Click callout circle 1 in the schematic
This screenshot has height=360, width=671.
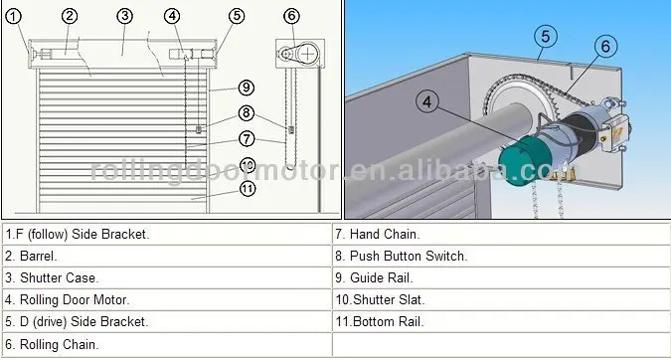(x=14, y=16)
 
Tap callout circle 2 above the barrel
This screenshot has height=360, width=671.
(x=69, y=16)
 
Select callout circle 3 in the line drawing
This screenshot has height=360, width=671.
(x=124, y=16)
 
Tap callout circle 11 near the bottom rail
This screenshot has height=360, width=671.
(x=247, y=187)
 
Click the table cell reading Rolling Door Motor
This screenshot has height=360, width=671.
(x=68, y=299)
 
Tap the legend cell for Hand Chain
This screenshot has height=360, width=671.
(x=378, y=234)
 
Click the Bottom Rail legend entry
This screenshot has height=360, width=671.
(x=380, y=321)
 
